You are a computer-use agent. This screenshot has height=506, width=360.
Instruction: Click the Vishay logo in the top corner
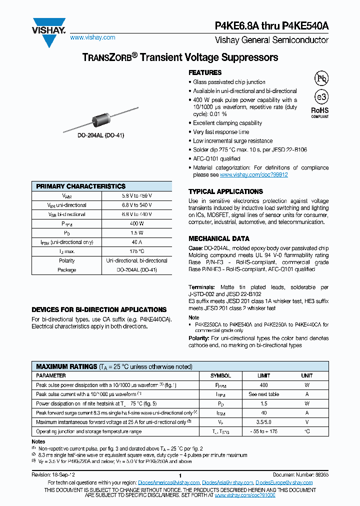(x=48, y=26)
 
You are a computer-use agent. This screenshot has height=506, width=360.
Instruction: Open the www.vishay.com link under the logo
(x=92, y=37)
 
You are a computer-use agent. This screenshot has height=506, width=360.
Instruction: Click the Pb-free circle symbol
(x=321, y=78)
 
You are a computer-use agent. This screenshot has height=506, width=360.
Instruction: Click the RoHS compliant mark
(x=320, y=112)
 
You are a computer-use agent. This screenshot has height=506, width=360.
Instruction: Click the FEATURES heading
(x=205, y=73)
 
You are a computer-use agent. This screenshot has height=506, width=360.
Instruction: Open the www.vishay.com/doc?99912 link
(x=253, y=175)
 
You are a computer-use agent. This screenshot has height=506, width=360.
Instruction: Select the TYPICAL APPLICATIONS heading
(x=225, y=191)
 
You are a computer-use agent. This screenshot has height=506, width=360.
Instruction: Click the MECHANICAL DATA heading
(x=219, y=238)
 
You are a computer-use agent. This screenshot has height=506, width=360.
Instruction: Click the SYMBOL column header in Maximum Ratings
(x=220, y=375)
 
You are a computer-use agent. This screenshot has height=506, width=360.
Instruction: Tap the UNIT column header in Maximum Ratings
(x=307, y=375)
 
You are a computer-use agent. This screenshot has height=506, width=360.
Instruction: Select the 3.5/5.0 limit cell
(x=264, y=422)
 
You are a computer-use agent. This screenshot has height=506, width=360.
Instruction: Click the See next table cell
(x=264, y=394)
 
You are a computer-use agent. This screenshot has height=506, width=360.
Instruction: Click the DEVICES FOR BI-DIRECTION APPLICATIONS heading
(x=99, y=309)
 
